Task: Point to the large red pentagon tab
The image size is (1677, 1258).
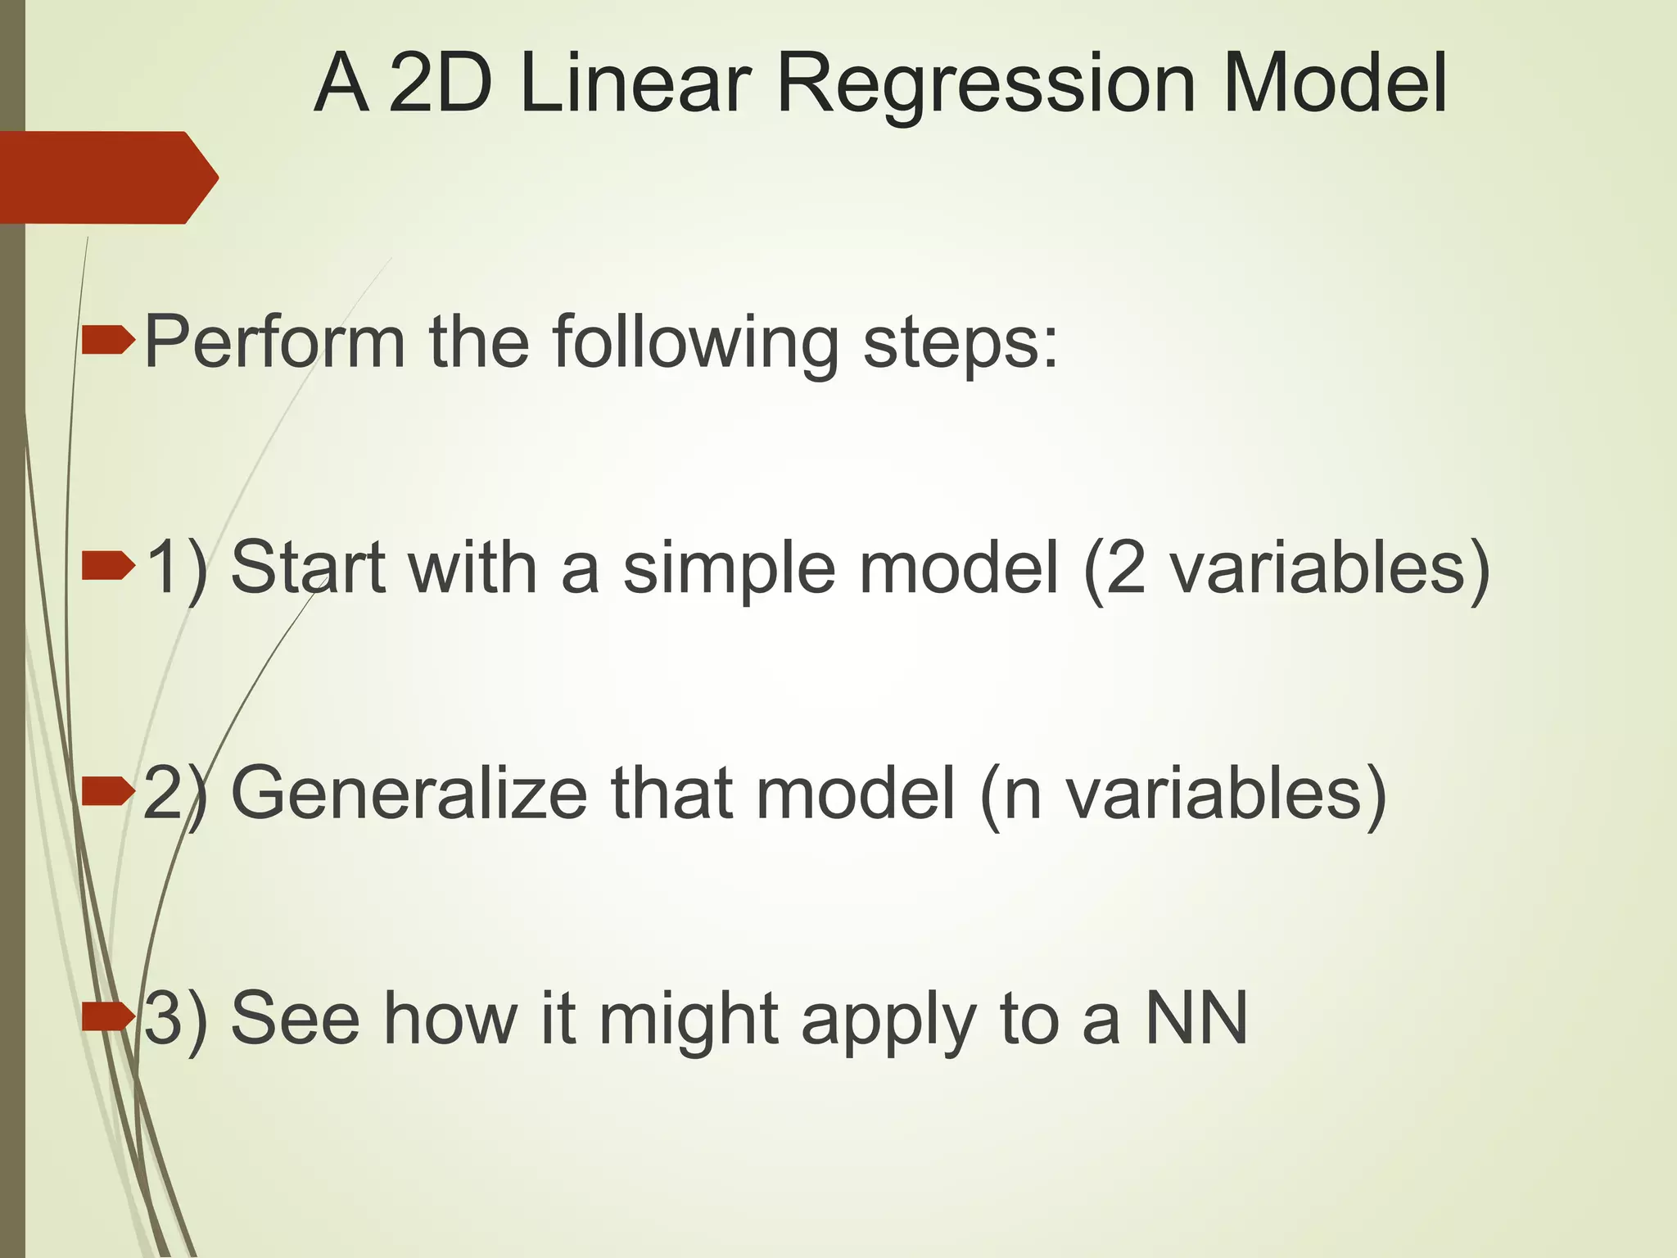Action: (106, 177)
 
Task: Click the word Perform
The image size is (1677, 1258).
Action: (275, 342)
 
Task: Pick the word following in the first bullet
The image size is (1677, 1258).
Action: (695, 342)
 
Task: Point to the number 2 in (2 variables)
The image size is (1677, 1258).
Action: (1125, 568)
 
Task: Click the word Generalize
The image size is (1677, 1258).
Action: (409, 793)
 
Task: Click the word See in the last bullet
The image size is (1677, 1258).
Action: (296, 1018)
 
